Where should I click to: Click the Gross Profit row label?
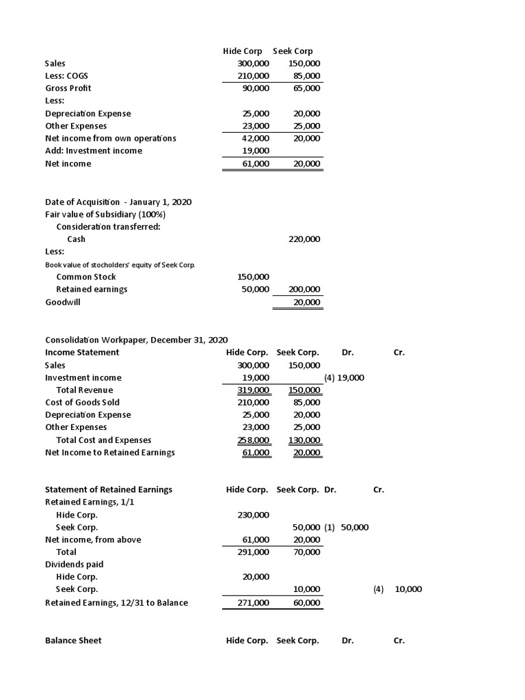[68, 88]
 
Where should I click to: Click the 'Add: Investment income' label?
[94, 150]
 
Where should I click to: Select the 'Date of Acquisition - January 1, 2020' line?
[118, 202]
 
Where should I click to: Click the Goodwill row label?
[63, 301]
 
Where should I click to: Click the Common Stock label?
[85, 277]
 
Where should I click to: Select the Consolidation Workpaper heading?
[136, 340]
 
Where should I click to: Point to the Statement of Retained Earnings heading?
[108, 489]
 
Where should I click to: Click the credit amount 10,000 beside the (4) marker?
[408, 589]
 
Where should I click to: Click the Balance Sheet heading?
[72, 641]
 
